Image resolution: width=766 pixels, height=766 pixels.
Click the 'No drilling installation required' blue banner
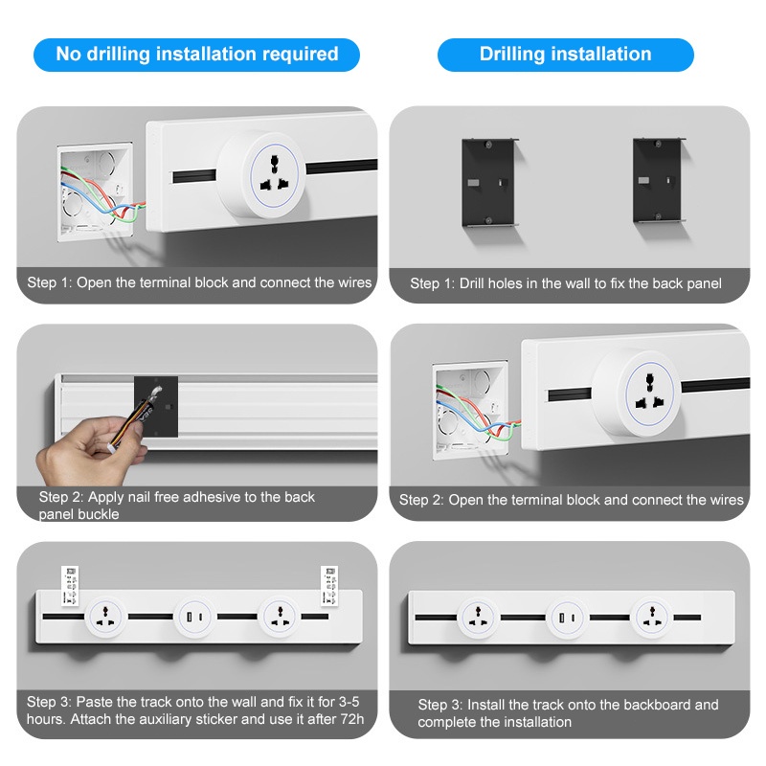click(x=196, y=55)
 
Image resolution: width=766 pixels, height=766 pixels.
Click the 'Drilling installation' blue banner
click(x=565, y=55)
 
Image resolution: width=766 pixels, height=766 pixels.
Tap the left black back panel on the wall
click(x=488, y=183)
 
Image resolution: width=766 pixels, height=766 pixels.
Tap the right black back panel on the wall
click(x=659, y=180)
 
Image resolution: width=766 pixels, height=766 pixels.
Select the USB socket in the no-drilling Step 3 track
click(x=194, y=618)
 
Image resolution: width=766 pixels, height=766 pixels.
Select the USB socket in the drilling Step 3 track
click(x=567, y=618)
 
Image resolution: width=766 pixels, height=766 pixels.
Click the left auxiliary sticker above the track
click(x=70, y=586)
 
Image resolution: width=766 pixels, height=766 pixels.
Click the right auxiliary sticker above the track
click(x=329, y=586)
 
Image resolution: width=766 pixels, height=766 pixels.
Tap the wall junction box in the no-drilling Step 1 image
click(x=95, y=192)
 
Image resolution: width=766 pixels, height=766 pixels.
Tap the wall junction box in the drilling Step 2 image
click(x=470, y=411)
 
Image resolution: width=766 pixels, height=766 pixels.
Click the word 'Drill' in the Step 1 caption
click(x=471, y=283)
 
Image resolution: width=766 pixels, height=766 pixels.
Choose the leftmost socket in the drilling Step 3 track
click(x=477, y=618)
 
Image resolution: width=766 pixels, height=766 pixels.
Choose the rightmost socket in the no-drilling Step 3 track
click(x=279, y=618)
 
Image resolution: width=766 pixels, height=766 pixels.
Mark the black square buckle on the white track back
click(x=156, y=406)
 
